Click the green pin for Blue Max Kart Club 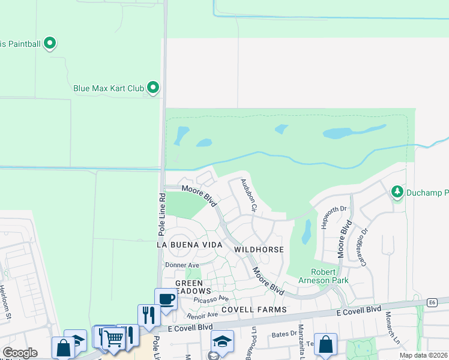tap(153, 88)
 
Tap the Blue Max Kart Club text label tap(109, 88)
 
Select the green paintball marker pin tap(50, 43)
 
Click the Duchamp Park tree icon tap(396, 192)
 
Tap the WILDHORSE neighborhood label tap(258, 248)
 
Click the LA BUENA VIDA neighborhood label tap(189, 245)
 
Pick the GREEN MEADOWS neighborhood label tap(193, 287)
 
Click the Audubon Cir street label tap(249, 196)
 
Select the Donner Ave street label tap(182, 265)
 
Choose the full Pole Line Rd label tap(161, 214)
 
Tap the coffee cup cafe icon tap(166, 298)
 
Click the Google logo tap(20, 353)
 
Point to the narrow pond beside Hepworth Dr tap(306, 232)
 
